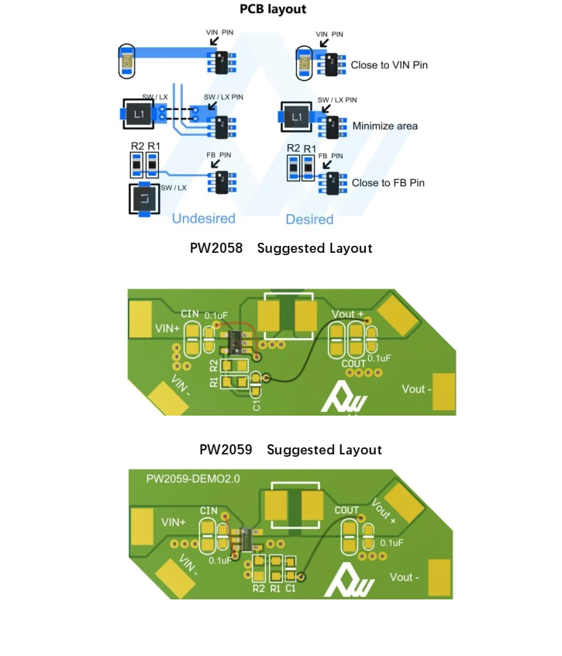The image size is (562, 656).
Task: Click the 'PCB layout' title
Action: (x=273, y=9)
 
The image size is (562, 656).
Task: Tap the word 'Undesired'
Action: (x=203, y=219)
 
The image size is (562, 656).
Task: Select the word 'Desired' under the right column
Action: (x=309, y=219)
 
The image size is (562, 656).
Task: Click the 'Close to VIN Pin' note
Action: (x=389, y=65)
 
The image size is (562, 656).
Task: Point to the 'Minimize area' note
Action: (x=384, y=126)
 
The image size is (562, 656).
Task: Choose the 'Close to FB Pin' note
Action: (x=388, y=183)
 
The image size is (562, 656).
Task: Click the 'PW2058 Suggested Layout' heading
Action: (x=281, y=249)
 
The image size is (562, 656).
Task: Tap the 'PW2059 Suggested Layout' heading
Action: (x=290, y=450)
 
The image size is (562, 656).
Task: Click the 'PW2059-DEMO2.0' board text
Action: (x=193, y=479)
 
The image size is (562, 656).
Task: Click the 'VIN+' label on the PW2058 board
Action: (x=167, y=329)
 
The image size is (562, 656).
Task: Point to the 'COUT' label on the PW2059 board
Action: (x=347, y=510)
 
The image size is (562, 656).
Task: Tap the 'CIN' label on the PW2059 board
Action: (x=209, y=510)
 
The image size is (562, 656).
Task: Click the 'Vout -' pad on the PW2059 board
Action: (x=440, y=578)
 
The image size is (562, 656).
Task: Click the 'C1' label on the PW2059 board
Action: (x=290, y=589)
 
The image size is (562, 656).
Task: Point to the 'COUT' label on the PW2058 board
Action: (x=353, y=363)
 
